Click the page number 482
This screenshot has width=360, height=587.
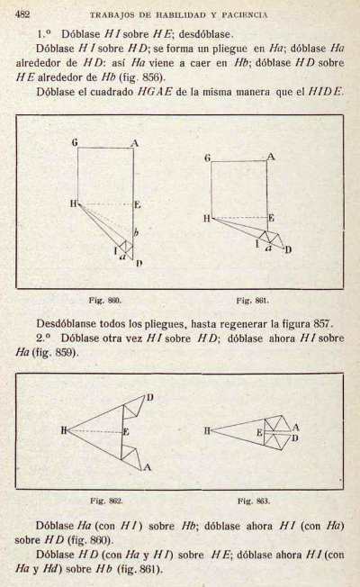tap(22, 14)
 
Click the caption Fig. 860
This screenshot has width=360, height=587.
tap(104, 300)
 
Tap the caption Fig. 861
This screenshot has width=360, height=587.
tap(253, 300)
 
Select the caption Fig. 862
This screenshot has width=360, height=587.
tap(106, 501)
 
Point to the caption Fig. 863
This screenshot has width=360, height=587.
tap(254, 501)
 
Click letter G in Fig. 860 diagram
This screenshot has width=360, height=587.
tap(75, 142)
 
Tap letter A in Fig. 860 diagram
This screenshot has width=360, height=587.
tap(135, 143)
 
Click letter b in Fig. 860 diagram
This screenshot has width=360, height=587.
tap(136, 232)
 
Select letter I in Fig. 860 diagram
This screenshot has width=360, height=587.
tap(115, 250)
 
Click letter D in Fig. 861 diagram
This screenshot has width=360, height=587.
tap(288, 249)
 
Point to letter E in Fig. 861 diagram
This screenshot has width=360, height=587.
tap(271, 218)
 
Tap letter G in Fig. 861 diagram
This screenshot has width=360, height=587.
tap(208, 158)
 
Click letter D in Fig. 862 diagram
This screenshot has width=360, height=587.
tap(149, 397)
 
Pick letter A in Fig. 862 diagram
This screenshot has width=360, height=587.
tap(147, 467)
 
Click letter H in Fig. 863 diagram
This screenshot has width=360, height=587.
tap(208, 430)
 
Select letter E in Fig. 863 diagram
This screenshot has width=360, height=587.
tap(259, 433)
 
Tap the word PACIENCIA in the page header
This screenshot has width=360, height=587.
tap(245, 15)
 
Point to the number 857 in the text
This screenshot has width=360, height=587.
tap(322, 323)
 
